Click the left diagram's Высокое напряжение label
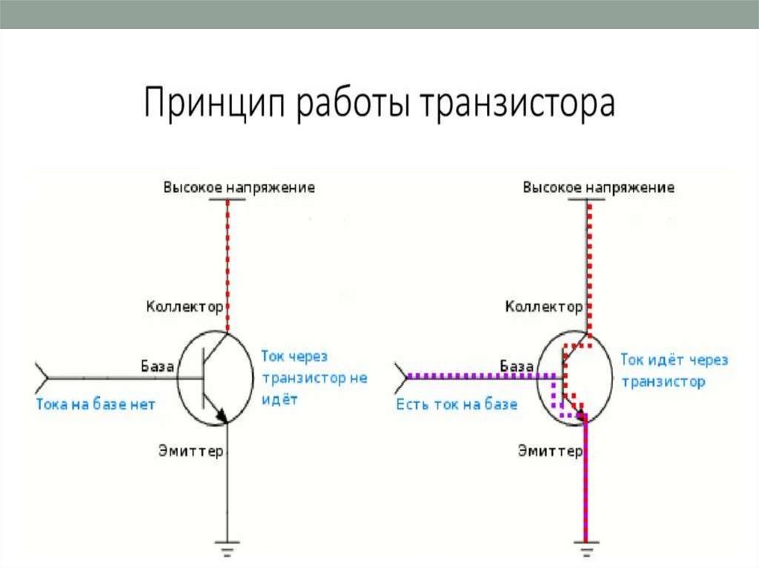pos(239,187)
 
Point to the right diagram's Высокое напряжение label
pos(598,187)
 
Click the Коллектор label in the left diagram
pos(184,306)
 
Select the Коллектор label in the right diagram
pos(543,306)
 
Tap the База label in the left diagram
pos(158,365)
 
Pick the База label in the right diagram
pos(517,365)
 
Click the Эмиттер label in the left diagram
pos(190,450)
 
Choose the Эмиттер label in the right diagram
pos(549,450)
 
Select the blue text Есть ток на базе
pos(457,404)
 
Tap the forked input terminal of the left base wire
pos(43,378)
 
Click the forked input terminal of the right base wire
pos(402,378)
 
